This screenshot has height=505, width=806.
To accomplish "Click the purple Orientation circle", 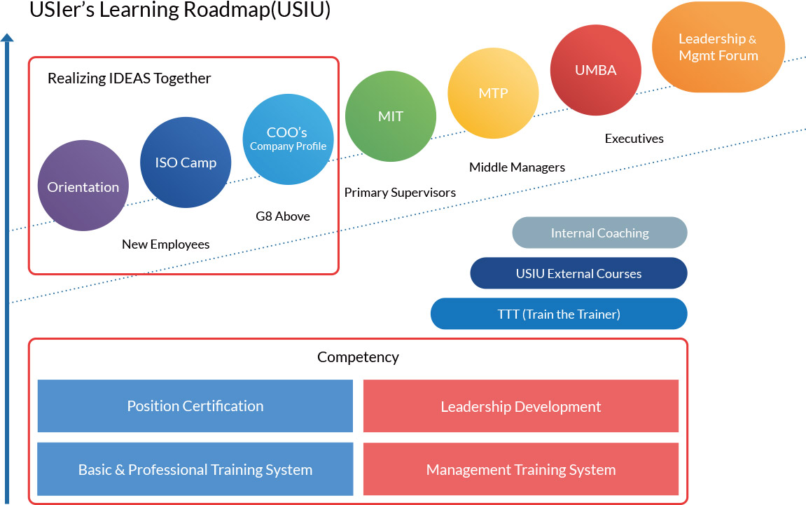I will [83, 186].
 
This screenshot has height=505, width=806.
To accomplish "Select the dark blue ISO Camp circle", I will [186, 162].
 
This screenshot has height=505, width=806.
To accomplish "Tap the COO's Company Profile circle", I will [288, 139].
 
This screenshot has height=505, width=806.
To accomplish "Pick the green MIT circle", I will [391, 116].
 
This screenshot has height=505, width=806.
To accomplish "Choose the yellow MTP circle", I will [493, 93].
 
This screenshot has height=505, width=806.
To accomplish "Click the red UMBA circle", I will [596, 70].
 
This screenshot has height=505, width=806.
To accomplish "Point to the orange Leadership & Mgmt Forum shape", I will [718, 47].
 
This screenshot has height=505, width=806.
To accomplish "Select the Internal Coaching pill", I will [599, 233].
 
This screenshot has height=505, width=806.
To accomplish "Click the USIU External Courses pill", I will [578, 273].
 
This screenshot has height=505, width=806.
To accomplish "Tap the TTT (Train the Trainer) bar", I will [559, 314].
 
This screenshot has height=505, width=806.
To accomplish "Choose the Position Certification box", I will [195, 406].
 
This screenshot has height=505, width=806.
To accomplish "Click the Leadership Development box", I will [520, 406].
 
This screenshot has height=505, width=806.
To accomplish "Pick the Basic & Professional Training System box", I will [195, 469].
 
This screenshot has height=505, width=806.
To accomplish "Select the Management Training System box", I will [520, 469].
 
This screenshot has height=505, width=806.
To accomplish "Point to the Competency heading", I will [358, 357].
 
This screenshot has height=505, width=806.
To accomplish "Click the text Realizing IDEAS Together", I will [129, 78].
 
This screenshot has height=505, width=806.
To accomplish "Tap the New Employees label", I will [166, 244].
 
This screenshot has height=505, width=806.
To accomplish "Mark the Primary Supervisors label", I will [400, 193].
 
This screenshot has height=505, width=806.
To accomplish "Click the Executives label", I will [634, 139].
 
